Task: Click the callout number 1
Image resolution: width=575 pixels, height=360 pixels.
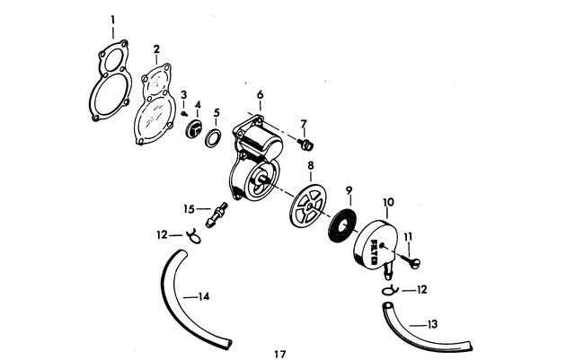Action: point(113,20)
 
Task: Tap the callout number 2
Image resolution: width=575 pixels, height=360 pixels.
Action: point(156,49)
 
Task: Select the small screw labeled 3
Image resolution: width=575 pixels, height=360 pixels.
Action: point(184,114)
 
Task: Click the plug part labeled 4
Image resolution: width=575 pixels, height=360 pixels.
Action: point(194,129)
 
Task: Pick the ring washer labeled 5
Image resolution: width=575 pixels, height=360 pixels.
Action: point(213,138)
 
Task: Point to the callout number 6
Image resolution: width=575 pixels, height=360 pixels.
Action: point(260,94)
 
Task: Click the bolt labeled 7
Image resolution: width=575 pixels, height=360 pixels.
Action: point(305,144)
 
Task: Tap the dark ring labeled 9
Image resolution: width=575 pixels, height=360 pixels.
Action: point(341,226)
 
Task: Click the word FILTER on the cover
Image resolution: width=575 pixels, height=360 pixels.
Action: point(375,252)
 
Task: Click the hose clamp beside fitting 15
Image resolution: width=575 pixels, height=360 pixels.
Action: point(194,236)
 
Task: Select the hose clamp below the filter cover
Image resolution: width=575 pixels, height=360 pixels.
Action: point(389,290)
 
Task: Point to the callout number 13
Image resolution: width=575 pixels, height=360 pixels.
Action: point(433,324)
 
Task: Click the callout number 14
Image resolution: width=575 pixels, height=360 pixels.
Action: point(204,296)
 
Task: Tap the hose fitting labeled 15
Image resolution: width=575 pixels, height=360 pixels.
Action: point(217,215)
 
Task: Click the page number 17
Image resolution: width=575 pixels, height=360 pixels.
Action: point(279,354)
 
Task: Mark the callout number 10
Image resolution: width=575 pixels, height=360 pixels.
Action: point(389,202)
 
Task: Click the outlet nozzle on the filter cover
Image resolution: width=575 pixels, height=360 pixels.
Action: point(388,270)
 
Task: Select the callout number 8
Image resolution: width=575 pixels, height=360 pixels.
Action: point(311,166)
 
